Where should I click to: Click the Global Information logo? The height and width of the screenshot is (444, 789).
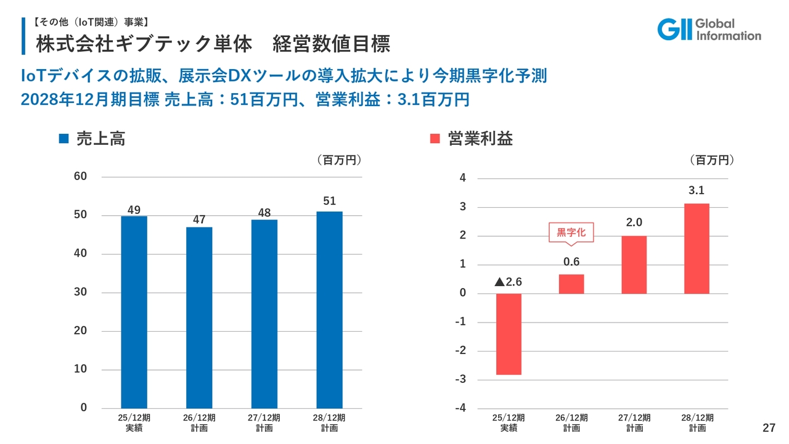point(709,29)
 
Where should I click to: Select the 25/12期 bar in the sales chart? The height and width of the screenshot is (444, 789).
point(134,311)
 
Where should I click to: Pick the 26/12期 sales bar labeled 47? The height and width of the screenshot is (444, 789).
point(199,317)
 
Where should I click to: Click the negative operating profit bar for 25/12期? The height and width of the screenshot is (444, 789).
point(509,334)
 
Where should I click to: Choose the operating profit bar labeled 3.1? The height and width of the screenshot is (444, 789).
point(697,249)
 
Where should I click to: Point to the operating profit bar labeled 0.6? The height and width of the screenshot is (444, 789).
point(571,284)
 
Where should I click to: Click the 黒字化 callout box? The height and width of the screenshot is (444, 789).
point(571,232)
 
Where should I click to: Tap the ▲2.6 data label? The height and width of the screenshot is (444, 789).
point(509,282)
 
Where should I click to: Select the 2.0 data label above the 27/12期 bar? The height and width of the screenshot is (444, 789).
point(634,223)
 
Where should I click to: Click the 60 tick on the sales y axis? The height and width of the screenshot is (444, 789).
point(80,177)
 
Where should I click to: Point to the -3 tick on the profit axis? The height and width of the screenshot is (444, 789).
point(460,379)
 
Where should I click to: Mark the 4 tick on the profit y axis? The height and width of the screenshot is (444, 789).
point(462,179)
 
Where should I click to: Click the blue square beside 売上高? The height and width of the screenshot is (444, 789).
point(63,139)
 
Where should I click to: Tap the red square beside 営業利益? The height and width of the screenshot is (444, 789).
point(435,139)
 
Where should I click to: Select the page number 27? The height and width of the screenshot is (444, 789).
point(768,428)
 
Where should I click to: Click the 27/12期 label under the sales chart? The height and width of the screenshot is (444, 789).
point(264,422)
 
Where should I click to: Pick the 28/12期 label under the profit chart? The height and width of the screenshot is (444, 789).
point(698,422)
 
